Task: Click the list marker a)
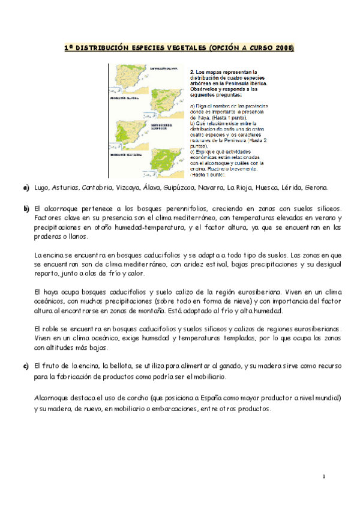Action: click(26, 188)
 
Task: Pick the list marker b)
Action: click(26, 208)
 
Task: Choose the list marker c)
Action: click(26, 366)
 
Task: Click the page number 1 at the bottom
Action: click(323, 477)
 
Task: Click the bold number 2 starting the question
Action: click(192, 70)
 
